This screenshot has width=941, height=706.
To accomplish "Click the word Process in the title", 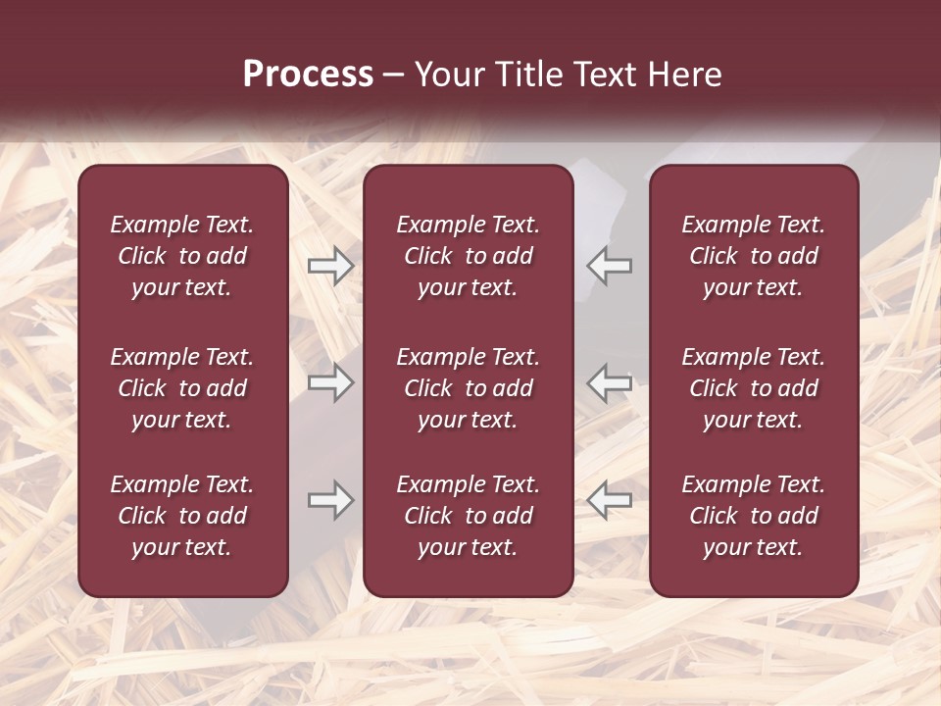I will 308,75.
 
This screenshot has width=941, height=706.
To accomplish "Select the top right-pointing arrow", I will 331,266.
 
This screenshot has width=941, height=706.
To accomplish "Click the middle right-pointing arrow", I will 331,383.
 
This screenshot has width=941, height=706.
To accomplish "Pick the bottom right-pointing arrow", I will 331,501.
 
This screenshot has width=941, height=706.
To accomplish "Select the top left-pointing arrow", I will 610,266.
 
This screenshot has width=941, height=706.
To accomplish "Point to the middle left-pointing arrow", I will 610,383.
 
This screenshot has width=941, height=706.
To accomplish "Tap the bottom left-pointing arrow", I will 610,501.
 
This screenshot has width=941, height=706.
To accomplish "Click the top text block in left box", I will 182,256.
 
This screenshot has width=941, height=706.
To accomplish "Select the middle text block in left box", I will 182,388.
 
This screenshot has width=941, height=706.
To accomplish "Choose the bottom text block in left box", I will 182,516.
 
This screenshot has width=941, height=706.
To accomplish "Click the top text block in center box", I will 468,256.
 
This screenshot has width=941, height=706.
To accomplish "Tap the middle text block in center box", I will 468,388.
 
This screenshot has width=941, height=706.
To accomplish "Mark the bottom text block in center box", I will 468,516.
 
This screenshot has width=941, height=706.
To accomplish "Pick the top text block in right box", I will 753,256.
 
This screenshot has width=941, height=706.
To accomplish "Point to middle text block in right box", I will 753,388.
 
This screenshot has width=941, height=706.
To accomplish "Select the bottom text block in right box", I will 753,516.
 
